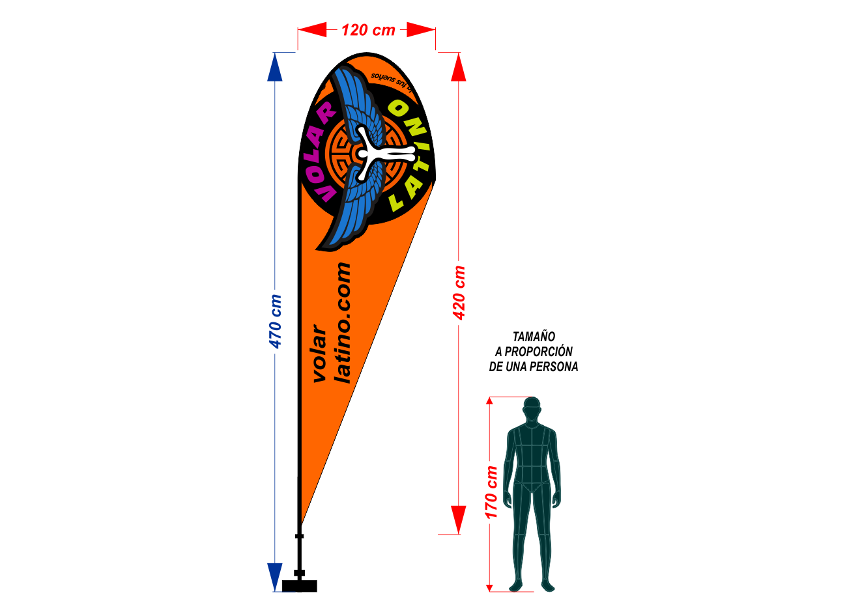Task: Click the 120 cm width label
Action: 368,30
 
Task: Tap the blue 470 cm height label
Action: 276,321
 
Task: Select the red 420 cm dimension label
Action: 459,292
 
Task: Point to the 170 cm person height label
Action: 492,492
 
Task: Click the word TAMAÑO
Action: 534,337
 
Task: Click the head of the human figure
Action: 532,408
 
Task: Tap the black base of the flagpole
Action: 300,585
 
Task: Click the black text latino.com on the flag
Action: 343,322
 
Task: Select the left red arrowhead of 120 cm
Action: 313,29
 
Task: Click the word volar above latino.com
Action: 320,354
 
